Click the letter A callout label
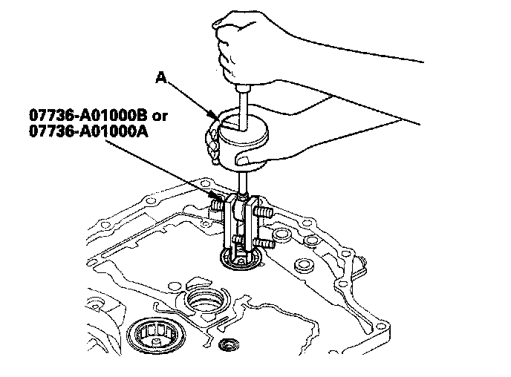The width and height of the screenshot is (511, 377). (x=162, y=76)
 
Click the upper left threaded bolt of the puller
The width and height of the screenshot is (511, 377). (x=217, y=202)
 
